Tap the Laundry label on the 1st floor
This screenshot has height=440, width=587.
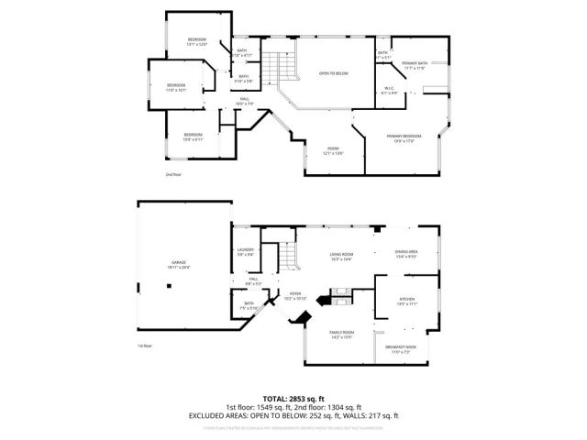click(x=245, y=251)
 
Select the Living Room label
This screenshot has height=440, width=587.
click(x=341, y=255)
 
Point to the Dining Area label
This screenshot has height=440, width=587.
click(x=405, y=254)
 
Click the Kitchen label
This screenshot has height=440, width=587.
click(x=406, y=302)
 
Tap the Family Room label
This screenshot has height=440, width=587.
click(x=341, y=335)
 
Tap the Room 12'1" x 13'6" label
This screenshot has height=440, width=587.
click(x=333, y=150)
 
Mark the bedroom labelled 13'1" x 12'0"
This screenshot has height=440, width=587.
click(x=197, y=41)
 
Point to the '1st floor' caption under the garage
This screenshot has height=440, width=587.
click(x=145, y=346)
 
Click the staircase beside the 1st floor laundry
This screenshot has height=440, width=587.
click(x=288, y=257)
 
